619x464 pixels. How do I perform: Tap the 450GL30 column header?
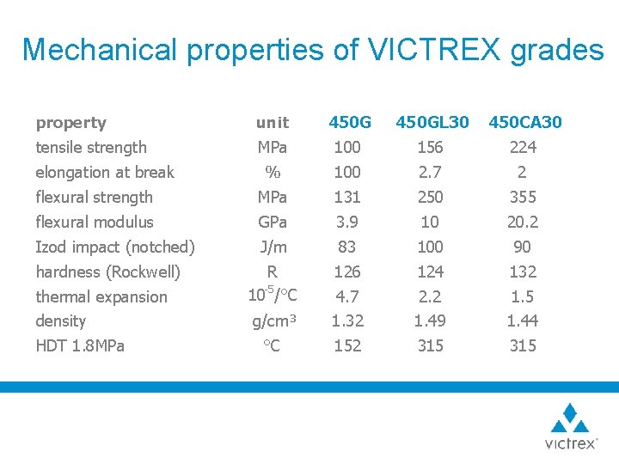432,123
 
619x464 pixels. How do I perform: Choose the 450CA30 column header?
524,123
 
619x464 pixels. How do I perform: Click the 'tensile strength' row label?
91,148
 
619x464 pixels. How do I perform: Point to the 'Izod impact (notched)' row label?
115,247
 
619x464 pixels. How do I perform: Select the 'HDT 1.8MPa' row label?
80,346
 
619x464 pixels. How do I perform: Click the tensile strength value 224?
522,148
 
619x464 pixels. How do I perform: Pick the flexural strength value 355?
522,198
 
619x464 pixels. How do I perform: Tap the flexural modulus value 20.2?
522,223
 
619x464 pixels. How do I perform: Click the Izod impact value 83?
347,247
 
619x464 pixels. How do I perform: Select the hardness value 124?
430,272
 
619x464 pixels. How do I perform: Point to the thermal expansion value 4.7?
347,297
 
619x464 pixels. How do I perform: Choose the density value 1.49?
430,321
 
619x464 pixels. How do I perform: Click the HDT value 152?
347,346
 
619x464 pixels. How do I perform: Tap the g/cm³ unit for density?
274,321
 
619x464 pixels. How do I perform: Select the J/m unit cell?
273,247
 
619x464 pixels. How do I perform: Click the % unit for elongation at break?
273,173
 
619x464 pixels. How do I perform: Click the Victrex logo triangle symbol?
570,418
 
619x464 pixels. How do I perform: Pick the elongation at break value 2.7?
430,173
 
